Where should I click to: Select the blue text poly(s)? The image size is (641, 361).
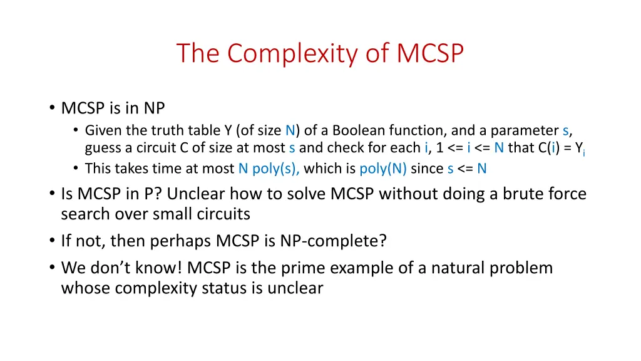pyautogui.click(x=276, y=169)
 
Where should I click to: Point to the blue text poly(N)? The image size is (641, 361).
pyautogui.click(x=383, y=169)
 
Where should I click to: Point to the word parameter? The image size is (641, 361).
pyautogui.click(x=525, y=130)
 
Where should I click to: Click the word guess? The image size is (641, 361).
pyautogui.click(x=103, y=148)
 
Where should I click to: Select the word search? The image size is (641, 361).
pyautogui.click(x=83, y=214)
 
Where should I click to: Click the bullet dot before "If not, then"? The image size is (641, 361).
pyautogui.click(x=51, y=241)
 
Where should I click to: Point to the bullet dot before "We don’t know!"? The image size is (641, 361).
pyautogui.click(x=51, y=269)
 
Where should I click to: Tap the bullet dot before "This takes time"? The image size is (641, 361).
pyautogui.click(x=75, y=169)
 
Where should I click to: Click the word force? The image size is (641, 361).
pyautogui.click(x=565, y=194)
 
